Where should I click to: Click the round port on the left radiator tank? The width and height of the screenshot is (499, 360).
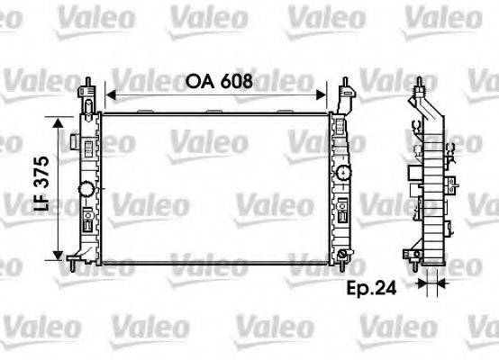tap(86, 191)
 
